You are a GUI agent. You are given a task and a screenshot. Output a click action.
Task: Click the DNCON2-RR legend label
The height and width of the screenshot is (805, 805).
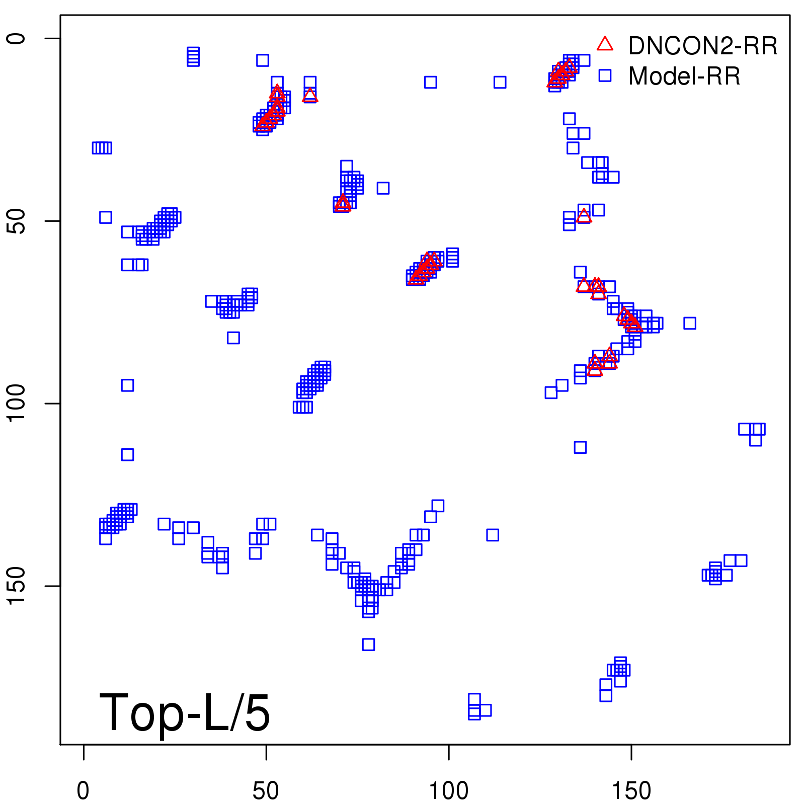tap(702, 46)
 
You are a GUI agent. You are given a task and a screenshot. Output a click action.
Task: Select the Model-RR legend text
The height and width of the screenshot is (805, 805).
tap(684, 76)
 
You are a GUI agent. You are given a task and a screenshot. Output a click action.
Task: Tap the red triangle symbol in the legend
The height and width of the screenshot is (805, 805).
tap(605, 44)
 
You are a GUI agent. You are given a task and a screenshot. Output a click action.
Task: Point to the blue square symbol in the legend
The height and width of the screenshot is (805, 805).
tap(605, 75)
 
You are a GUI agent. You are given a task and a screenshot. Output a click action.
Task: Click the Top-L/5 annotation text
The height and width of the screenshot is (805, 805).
tap(185, 712)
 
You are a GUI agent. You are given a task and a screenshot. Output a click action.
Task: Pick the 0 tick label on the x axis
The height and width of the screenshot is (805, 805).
tap(84, 791)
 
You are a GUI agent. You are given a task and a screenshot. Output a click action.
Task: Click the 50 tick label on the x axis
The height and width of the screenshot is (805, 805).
tap(266, 791)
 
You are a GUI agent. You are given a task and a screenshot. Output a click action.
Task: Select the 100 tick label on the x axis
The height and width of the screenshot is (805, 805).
tap(448, 791)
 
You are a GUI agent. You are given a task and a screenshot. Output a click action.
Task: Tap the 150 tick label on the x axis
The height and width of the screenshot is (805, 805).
tap(631, 791)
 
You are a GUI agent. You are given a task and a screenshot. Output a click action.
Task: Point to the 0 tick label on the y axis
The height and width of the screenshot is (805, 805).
tap(16, 39)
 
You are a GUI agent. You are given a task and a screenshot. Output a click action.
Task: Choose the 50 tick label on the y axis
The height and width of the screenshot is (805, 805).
tap(16, 221)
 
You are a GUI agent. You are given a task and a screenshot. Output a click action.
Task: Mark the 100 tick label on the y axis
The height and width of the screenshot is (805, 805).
tap(16, 404)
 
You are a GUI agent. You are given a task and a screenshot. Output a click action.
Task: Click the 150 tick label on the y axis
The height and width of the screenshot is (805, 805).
tap(16, 586)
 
